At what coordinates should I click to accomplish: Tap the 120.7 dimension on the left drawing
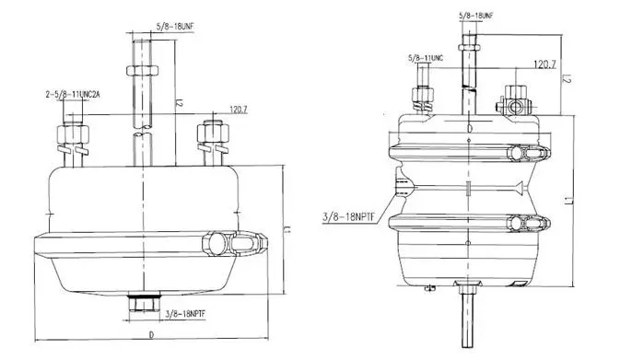pyautogui.click(x=238, y=109)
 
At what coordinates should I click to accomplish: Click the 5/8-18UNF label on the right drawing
pyautogui.click(x=482, y=16)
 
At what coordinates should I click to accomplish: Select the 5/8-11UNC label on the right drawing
pyautogui.click(x=426, y=60)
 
